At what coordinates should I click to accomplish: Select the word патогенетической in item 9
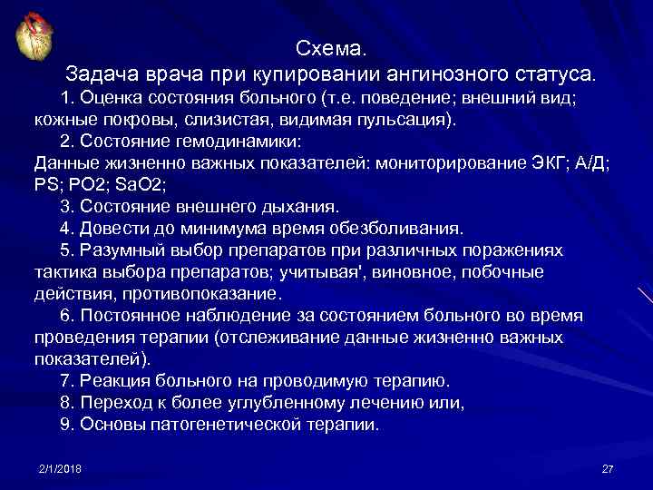[227, 424]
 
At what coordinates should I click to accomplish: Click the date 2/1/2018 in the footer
[60, 467]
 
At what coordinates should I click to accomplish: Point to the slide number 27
[608, 467]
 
